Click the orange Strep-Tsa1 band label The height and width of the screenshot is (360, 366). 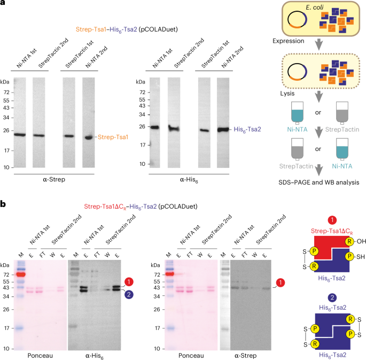coord(113,137)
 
